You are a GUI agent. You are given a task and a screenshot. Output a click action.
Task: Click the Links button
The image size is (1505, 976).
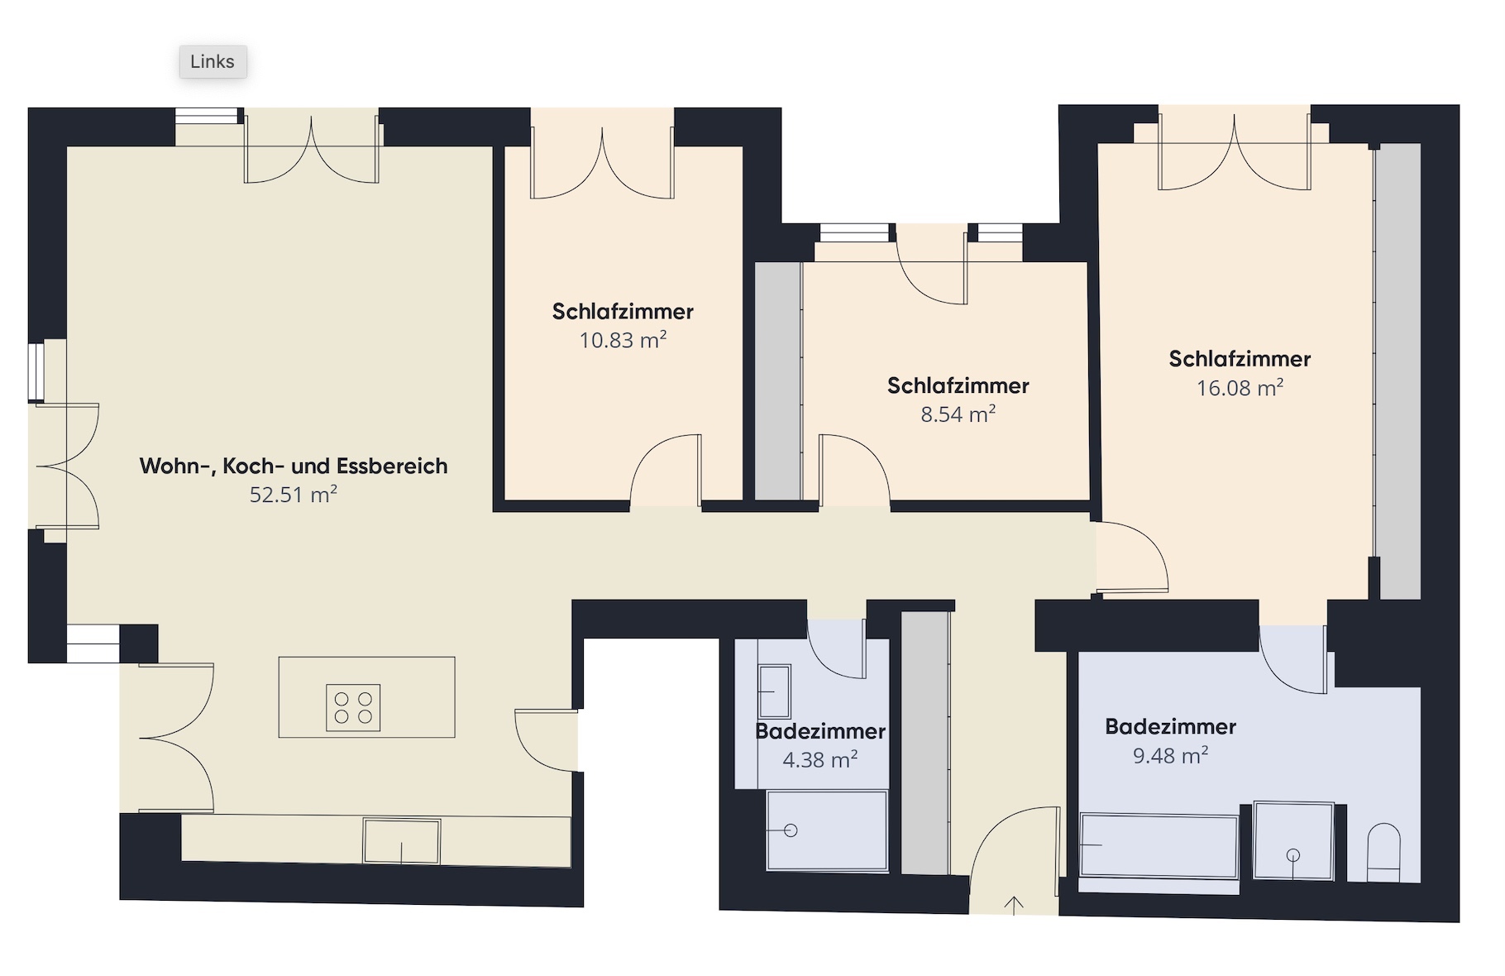pyautogui.click(x=213, y=62)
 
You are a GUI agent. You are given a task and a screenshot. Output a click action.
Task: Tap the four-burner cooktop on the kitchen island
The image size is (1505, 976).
pyautogui.click(x=353, y=707)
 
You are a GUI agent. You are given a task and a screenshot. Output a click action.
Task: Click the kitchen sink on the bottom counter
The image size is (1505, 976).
pyautogui.click(x=401, y=841)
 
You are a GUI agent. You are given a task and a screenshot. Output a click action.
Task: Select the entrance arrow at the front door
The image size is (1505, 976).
pyautogui.click(x=1014, y=905)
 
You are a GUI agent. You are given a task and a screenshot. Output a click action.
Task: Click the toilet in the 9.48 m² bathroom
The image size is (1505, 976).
pyautogui.click(x=1383, y=852)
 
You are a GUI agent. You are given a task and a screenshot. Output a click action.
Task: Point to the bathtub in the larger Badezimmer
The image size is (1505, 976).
pyautogui.click(x=1159, y=845)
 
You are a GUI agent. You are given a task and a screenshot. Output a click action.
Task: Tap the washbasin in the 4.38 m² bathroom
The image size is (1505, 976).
pyautogui.click(x=774, y=691)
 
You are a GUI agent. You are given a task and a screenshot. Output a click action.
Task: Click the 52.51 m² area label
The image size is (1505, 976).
pyautogui.click(x=294, y=495)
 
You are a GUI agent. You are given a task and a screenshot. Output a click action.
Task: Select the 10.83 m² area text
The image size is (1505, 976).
pyautogui.click(x=623, y=340)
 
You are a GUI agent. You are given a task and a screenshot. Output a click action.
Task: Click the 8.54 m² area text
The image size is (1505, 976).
pyautogui.click(x=958, y=414)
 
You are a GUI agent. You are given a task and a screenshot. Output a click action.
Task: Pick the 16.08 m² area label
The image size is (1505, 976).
pyautogui.click(x=1240, y=388)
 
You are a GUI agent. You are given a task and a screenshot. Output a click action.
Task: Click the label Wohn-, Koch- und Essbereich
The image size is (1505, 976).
pyautogui.click(x=294, y=466)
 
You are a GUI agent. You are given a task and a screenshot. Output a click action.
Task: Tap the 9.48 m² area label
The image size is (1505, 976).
pyautogui.click(x=1170, y=755)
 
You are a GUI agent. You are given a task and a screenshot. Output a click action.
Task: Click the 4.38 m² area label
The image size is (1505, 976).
pyautogui.click(x=819, y=759)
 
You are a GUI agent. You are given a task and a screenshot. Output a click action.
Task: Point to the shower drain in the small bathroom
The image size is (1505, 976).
pyautogui.click(x=791, y=830)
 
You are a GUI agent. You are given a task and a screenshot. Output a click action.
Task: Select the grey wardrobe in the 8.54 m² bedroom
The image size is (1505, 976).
pyautogui.click(x=778, y=381)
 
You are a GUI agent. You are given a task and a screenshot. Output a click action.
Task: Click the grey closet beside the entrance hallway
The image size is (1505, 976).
pyautogui.click(x=924, y=743)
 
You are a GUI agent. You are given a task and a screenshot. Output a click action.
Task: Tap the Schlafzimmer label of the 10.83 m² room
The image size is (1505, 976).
pyautogui.click(x=623, y=312)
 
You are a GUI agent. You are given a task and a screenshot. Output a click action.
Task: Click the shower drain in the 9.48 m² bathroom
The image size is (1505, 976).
pyautogui.click(x=1294, y=855)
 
